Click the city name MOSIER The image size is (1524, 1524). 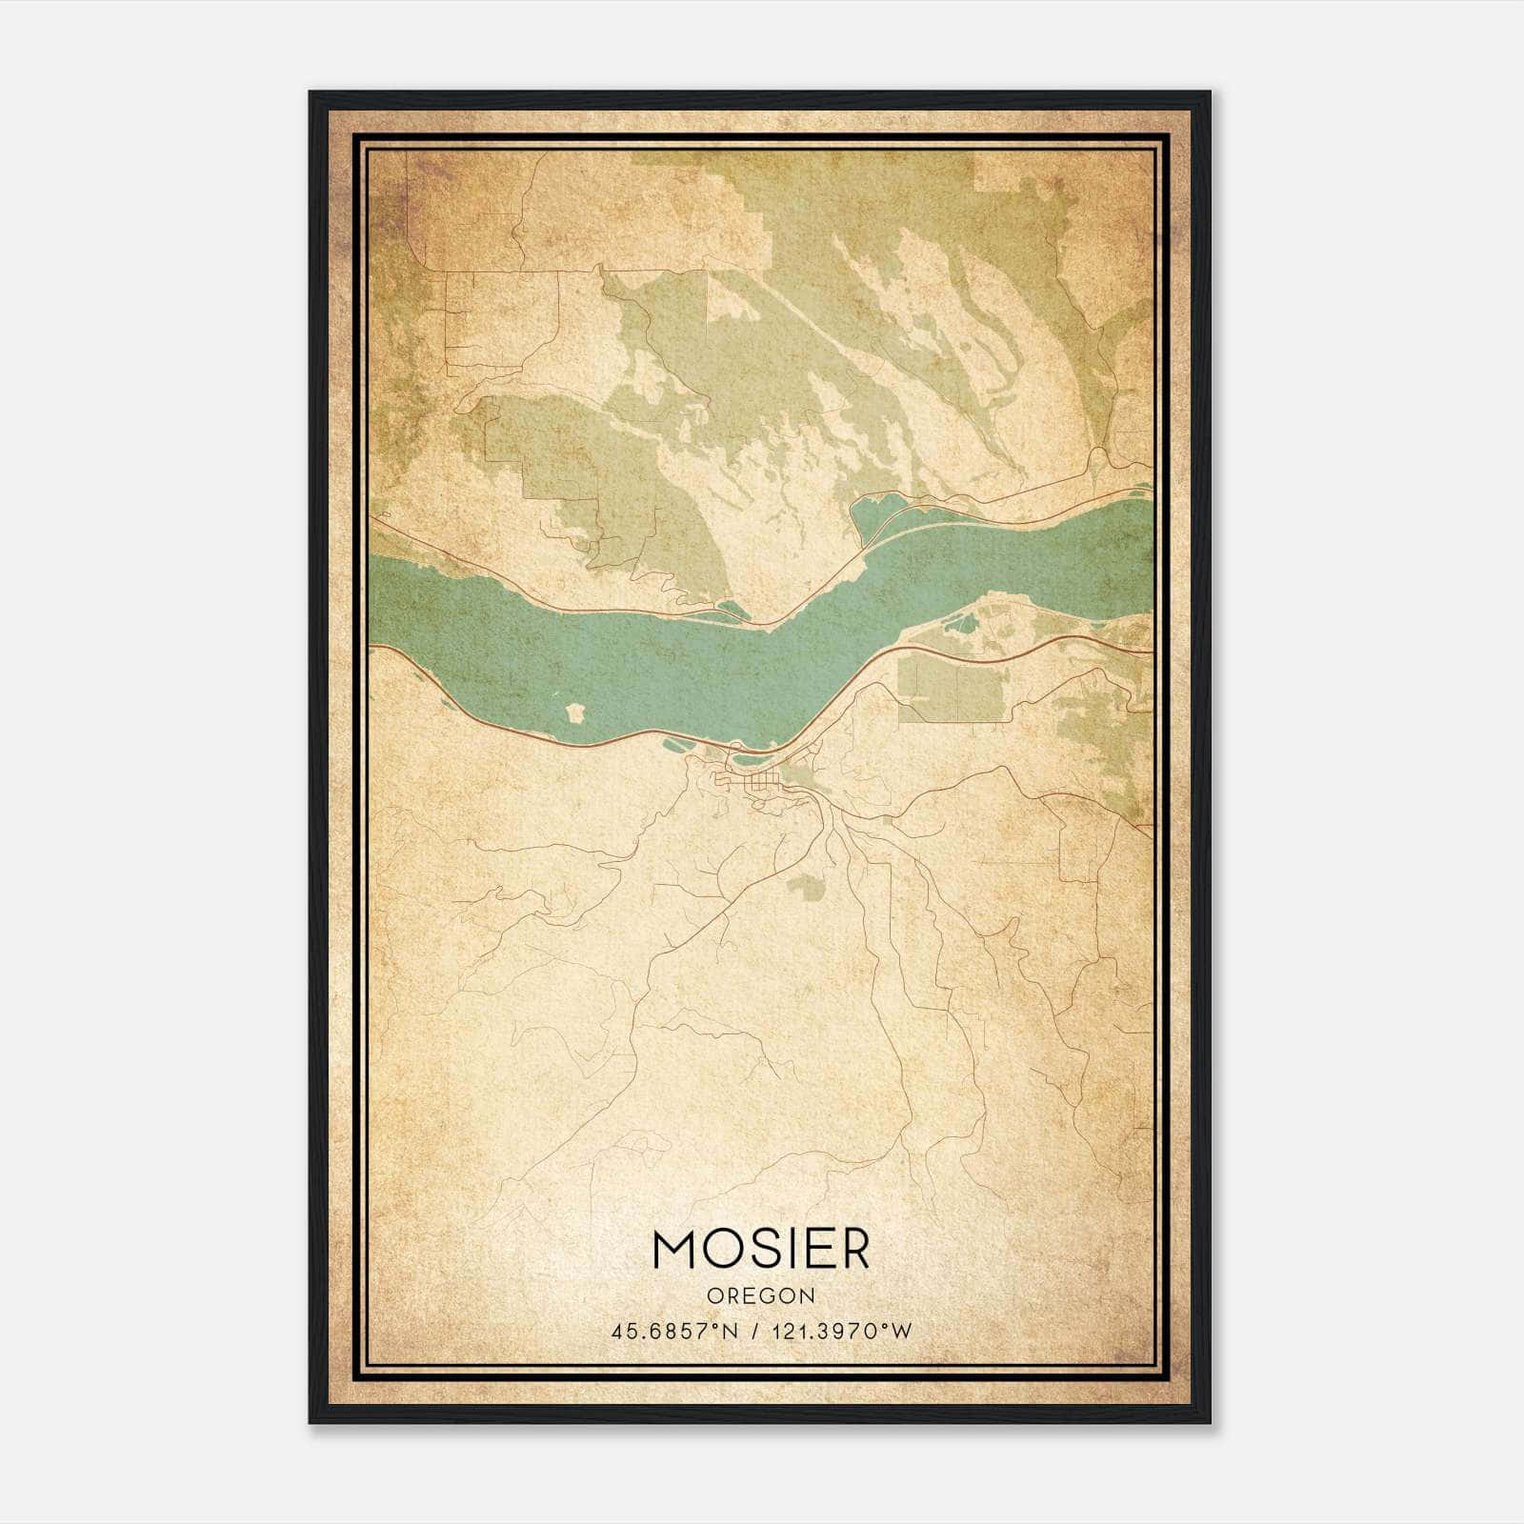(x=761, y=1249)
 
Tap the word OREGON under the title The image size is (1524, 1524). (x=761, y=1296)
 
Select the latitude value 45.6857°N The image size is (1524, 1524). (x=675, y=1331)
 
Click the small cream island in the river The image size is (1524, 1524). (x=575, y=712)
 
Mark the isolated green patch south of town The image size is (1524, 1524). (x=806, y=887)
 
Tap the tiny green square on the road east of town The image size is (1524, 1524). (x=888, y=819)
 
